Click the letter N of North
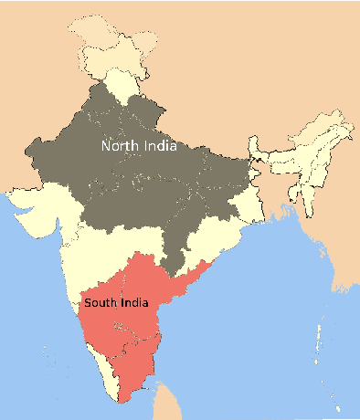click(106, 145)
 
